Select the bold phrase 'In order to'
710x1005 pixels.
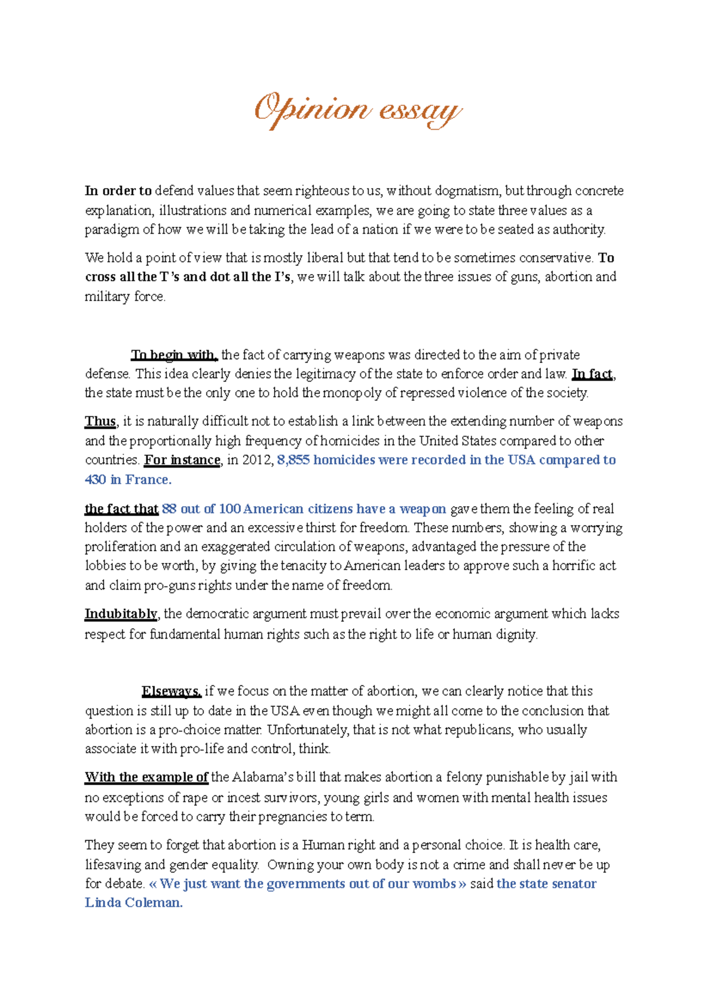(118, 191)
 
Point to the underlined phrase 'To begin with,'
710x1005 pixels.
(175, 355)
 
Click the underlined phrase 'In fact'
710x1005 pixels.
(592, 374)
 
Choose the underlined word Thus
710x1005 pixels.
(101, 421)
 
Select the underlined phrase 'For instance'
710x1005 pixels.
(182, 460)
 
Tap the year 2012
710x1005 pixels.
(256, 460)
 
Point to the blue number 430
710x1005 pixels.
(95, 479)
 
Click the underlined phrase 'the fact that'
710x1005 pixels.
(121, 509)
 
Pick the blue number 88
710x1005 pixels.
(169, 509)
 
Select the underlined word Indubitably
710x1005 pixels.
(121, 614)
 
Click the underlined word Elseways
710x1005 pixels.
(172, 691)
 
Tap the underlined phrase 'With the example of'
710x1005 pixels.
(146, 777)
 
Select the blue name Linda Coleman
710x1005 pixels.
(134, 903)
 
